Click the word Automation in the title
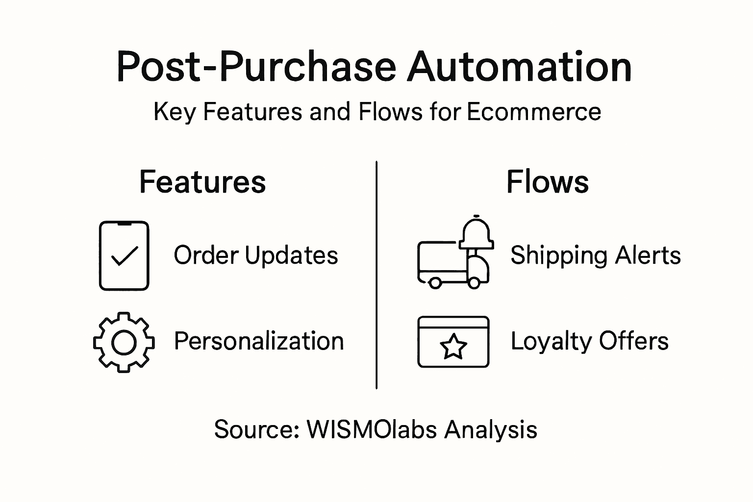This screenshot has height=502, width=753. tap(519, 67)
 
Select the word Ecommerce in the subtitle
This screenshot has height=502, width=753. tap(533, 112)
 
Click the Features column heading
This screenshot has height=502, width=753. tap(202, 182)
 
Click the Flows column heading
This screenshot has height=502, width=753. tap(547, 182)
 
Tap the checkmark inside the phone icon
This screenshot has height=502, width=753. tap(124, 256)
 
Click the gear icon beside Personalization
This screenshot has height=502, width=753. tap(124, 342)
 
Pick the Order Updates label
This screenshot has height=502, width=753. tap(256, 255)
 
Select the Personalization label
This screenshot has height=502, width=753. tap(259, 341)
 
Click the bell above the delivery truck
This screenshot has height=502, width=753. tap(476, 234)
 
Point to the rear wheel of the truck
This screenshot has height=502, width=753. tap(435, 282)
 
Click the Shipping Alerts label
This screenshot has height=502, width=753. tap(595, 255)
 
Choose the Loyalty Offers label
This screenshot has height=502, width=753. tap(589, 341)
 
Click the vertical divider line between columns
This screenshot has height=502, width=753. tap(376, 275)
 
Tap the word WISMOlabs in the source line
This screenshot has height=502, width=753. tap(371, 429)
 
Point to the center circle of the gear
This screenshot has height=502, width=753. tap(124, 342)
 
